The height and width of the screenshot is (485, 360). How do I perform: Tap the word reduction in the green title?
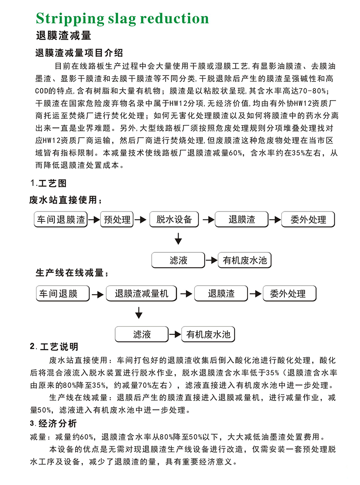[x=174, y=18]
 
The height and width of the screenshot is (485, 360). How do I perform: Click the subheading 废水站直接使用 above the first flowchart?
[x=63, y=200]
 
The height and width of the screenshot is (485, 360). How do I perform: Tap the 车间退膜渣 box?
[x=61, y=220]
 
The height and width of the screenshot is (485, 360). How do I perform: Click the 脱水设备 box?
[x=174, y=220]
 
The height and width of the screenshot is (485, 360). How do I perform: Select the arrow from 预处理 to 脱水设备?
[x=141, y=220]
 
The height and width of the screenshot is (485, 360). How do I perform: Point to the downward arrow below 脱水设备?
[x=178, y=238]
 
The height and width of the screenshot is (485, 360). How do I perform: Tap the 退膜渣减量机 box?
[x=142, y=294]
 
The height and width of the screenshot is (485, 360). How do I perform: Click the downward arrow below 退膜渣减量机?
[x=139, y=312]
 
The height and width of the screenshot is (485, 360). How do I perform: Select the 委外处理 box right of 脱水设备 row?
[x=308, y=220]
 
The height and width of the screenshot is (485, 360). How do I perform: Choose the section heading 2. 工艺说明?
[x=54, y=347]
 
